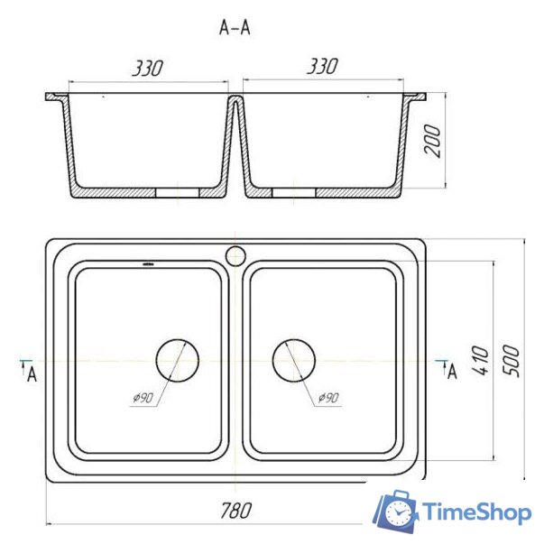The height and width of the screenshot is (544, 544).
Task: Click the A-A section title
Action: [x=235, y=28]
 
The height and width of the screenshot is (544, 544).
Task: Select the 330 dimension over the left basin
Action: [x=147, y=68]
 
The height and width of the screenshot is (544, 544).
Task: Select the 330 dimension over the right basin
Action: [x=322, y=66]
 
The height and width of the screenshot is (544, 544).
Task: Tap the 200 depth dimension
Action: [x=432, y=142]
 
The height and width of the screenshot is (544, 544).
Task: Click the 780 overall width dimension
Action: [x=236, y=511]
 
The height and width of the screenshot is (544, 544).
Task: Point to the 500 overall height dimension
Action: [x=512, y=361]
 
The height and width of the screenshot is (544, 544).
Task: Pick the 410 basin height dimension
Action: [x=481, y=361]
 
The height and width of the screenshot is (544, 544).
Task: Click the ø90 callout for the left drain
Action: [x=143, y=398]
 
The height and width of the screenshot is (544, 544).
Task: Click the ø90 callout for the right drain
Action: [x=328, y=398]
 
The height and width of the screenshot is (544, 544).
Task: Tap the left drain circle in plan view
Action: [x=178, y=340]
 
